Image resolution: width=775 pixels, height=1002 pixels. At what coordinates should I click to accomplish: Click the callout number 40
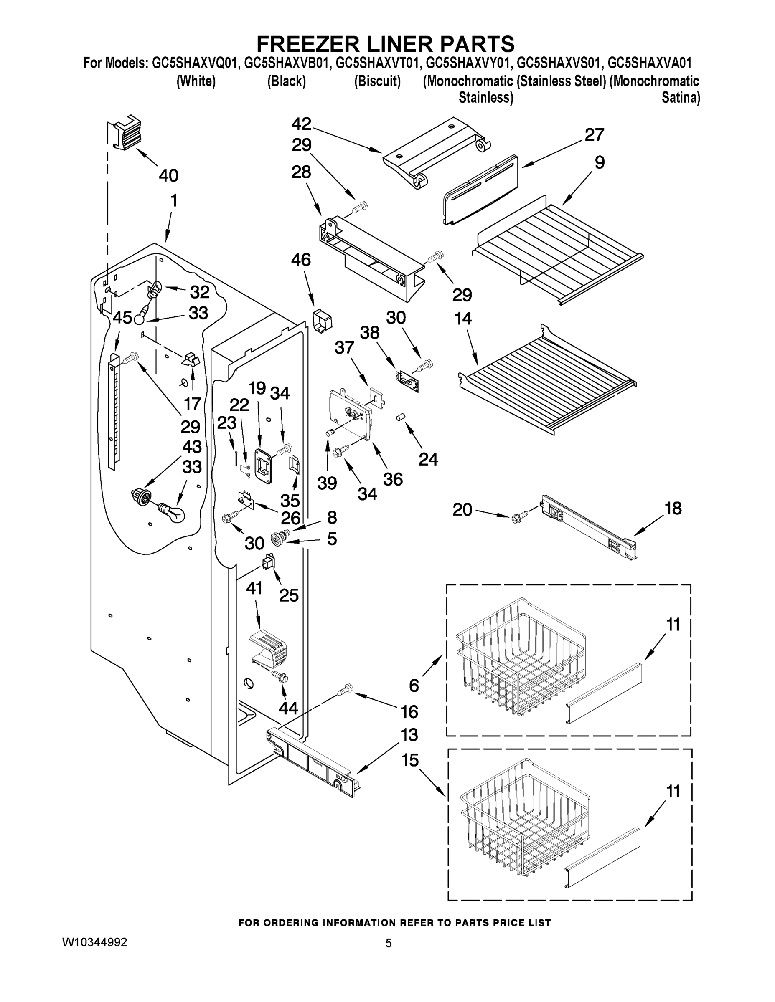pos(168,176)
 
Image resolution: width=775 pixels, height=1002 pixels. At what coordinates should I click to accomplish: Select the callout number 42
pos(302,124)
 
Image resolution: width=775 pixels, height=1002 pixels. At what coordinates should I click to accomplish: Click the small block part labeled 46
pos(322,321)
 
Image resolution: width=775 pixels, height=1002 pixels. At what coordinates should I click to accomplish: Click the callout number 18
pos(673,509)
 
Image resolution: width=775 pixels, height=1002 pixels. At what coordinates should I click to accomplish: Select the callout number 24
pos(428,459)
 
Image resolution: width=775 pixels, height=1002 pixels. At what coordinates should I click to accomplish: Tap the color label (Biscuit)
pos(377,81)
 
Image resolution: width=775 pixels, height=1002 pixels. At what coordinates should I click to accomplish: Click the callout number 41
pos(254,588)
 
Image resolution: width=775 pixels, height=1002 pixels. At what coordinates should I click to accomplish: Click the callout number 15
pos(410,760)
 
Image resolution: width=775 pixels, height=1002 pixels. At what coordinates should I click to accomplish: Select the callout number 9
pos(600,162)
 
